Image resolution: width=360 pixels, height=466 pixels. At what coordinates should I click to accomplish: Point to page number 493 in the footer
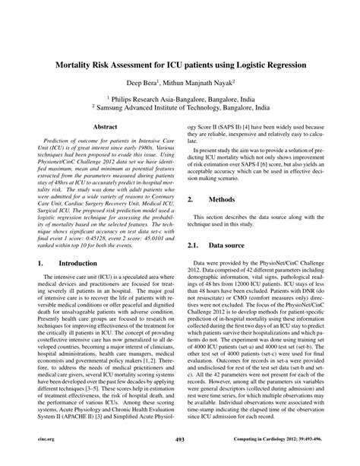(180, 460)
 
